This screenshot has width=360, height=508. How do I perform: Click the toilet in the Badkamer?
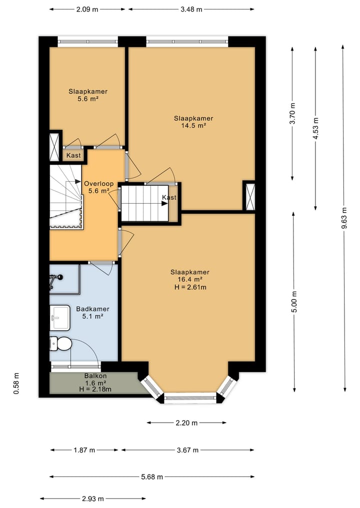[60, 344]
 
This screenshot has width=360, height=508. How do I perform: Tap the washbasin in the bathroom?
[60, 318]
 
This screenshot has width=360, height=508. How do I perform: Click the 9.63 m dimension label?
[344, 218]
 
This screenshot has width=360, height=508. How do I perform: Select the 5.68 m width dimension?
[152, 477]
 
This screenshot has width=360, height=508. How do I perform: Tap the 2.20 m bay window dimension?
[186, 423]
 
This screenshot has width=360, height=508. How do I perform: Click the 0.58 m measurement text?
[16, 384]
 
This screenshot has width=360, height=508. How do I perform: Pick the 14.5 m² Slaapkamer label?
[193, 122]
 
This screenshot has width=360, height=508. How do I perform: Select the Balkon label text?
[95, 376]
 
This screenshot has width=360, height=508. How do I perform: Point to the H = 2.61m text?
[190, 287]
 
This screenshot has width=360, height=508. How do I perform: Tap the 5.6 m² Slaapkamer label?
[88, 95]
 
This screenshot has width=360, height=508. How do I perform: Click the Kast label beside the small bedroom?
[73, 155]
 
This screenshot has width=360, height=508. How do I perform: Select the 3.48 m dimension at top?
[191, 9]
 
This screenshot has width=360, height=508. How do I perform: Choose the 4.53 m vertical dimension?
[315, 128]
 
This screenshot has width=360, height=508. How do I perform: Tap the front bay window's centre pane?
[190, 398]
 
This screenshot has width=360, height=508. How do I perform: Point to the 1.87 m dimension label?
[84, 450]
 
